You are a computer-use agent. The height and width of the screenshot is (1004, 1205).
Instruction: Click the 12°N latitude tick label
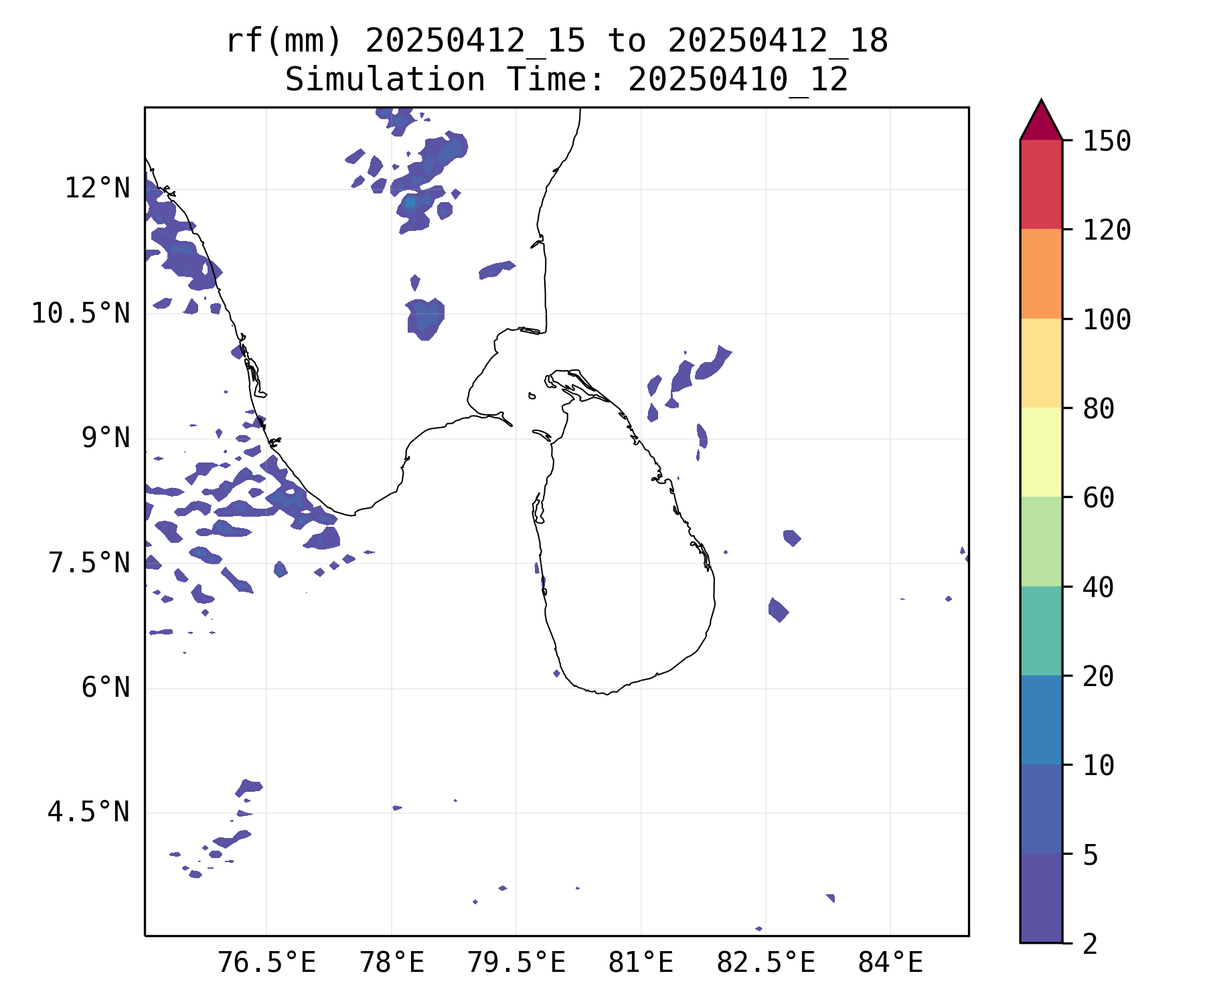[97, 189]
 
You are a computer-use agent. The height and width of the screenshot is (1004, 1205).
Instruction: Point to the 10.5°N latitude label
[80, 313]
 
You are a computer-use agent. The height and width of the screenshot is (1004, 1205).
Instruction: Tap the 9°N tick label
[105, 438]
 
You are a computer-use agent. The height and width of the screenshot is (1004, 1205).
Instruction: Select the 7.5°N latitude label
[88, 564]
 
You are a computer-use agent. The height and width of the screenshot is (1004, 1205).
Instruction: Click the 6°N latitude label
[105, 688]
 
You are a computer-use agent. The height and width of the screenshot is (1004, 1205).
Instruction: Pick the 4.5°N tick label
[88, 813]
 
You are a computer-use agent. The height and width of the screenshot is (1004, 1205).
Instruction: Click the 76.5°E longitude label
[266, 963]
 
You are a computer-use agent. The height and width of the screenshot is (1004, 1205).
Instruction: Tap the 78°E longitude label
[392, 963]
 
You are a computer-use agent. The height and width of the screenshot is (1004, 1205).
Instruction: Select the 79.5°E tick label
[516, 963]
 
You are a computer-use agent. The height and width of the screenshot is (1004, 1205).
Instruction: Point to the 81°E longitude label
[641, 963]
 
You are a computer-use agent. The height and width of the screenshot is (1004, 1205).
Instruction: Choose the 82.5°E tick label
[766, 963]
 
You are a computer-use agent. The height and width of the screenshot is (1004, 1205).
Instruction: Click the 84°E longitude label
[890, 963]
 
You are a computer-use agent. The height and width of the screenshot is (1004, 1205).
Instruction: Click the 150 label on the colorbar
[1107, 141]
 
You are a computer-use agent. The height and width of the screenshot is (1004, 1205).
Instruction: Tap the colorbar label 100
[1107, 319]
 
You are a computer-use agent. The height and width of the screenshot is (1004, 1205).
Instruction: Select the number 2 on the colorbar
[1091, 944]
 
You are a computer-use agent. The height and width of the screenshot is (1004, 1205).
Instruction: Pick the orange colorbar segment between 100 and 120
[1041, 274]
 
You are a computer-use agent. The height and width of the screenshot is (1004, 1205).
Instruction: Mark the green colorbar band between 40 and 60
[1041, 541]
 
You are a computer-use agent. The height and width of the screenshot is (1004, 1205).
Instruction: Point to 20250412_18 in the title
[777, 41]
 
